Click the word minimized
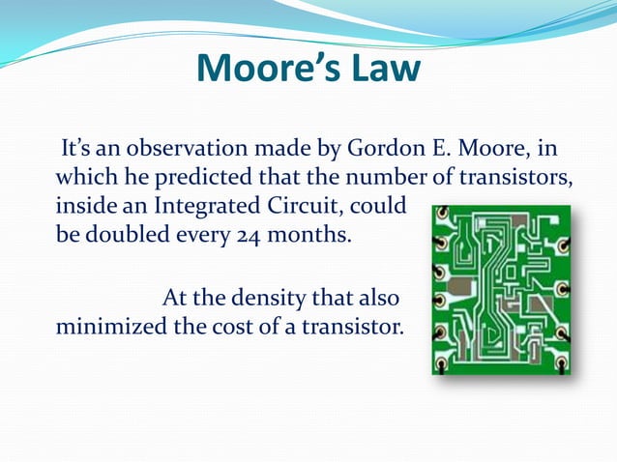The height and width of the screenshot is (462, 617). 110,324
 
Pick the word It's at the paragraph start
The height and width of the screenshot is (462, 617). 77,151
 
